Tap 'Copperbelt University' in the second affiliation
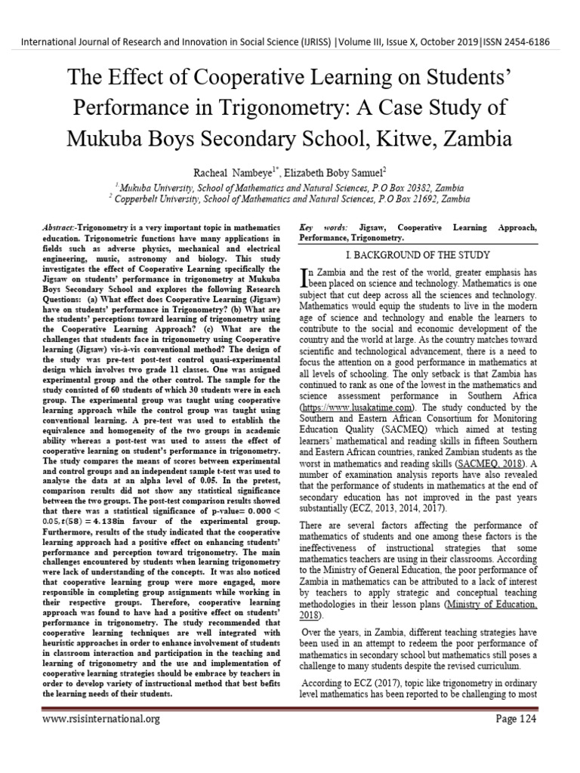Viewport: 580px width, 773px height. [157, 199]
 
